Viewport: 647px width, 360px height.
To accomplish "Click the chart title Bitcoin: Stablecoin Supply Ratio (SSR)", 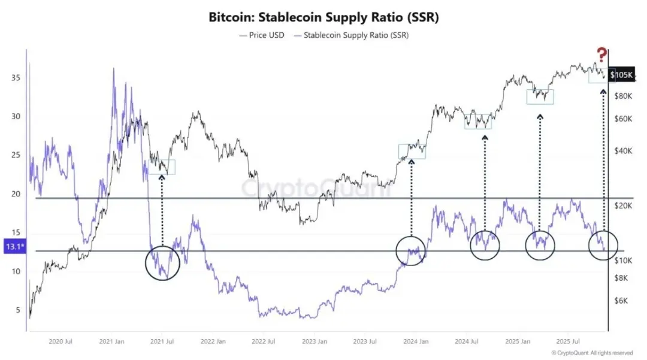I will coord(323,17).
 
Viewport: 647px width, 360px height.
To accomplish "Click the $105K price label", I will coord(621,75).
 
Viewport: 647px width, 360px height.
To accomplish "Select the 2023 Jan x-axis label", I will coord(315,342).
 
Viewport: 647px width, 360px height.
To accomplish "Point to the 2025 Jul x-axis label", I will coord(566,342).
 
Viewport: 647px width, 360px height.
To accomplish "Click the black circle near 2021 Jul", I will coord(163,262).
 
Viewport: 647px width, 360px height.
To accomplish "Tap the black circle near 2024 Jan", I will coord(412,250).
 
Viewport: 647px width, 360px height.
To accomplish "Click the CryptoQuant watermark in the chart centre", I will coord(316,188).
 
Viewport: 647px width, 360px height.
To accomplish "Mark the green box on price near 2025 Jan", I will coord(540,96).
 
